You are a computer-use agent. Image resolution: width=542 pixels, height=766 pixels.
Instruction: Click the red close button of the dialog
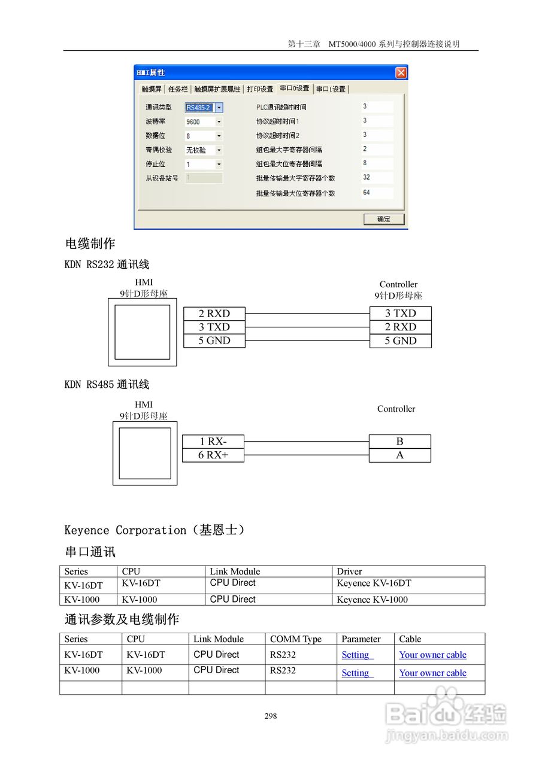(401, 73)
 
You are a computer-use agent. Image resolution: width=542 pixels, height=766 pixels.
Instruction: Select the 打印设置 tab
(260, 89)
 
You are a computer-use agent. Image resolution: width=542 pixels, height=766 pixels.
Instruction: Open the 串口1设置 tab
(331, 89)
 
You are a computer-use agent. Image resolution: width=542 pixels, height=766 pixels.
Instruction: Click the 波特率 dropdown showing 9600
(204, 121)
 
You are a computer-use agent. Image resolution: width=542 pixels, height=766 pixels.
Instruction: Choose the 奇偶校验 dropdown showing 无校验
(204, 150)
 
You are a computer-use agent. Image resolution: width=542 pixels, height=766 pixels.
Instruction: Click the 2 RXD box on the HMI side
(214, 314)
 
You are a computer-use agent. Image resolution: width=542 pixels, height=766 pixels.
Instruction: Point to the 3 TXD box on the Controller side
(400, 314)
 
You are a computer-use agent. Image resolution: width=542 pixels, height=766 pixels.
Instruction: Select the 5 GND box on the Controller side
(400, 341)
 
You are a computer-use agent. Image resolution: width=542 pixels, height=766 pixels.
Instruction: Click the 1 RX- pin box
(213, 442)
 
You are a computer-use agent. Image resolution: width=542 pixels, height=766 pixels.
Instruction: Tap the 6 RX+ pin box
(213, 455)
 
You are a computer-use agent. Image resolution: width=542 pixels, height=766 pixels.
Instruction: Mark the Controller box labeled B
(399, 442)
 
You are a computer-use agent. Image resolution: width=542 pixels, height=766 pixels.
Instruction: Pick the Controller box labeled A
(399, 455)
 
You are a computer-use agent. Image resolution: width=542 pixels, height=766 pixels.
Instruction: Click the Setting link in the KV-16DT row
(356, 655)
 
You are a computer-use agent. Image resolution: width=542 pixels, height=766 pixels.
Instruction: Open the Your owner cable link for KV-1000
(432, 673)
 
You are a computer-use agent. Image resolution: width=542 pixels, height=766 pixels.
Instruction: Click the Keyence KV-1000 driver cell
(372, 600)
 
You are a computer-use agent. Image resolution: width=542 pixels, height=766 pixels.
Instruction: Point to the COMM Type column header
(296, 639)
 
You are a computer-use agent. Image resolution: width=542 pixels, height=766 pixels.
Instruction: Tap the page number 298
(271, 716)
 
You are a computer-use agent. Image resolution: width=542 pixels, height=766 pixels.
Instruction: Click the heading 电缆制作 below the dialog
(90, 244)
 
